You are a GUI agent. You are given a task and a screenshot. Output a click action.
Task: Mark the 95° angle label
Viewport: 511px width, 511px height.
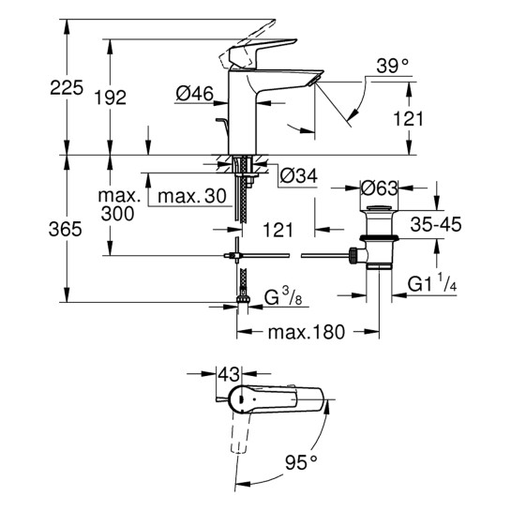tap(301, 462)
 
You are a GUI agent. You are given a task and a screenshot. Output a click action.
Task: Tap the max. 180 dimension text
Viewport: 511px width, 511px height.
tap(307, 333)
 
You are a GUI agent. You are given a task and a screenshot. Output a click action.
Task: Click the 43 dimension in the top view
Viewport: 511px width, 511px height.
tap(228, 373)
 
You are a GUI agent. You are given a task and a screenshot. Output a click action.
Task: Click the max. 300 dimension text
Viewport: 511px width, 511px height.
tap(120, 205)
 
